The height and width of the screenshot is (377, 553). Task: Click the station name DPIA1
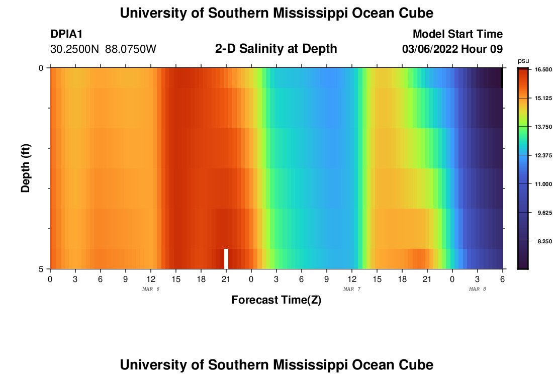click(x=66, y=34)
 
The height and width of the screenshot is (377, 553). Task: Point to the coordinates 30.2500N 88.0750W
click(x=103, y=49)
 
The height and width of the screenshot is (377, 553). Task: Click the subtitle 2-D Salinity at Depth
click(x=276, y=49)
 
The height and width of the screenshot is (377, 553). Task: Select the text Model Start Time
click(x=457, y=34)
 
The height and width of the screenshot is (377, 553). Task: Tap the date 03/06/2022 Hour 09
click(x=452, y=49)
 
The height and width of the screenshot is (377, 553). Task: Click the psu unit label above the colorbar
click(x=523, y=60)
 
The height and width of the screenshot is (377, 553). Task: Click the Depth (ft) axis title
click(x=26, y=168)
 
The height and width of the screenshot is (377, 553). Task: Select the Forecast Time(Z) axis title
click(x=276, y=300)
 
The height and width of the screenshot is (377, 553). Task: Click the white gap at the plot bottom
click(x=226, y=258)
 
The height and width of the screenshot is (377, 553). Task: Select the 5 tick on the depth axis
click(x=41, y=269)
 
